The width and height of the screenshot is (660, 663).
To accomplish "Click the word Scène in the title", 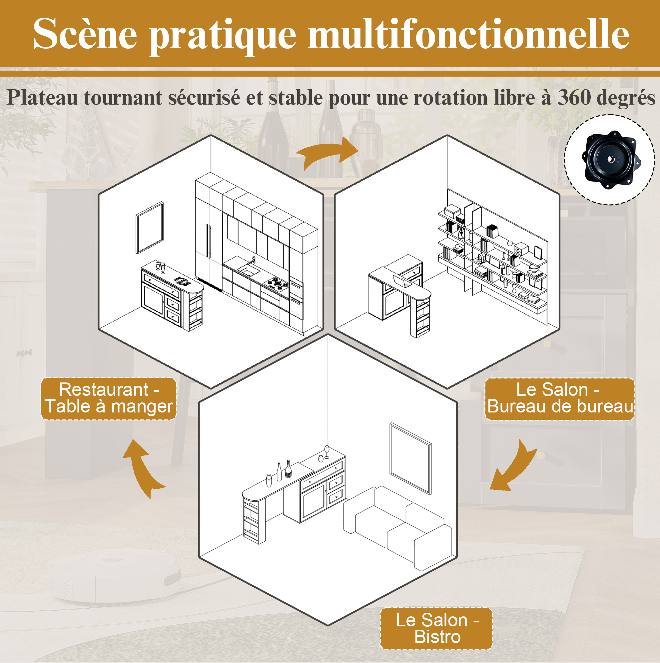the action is click(85, 34).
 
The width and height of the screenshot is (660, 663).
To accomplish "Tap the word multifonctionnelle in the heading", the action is click(468, 33).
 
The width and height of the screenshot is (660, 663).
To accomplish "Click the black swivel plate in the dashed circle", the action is click(611, 160).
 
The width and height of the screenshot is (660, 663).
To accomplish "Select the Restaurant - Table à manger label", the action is click(109, 398).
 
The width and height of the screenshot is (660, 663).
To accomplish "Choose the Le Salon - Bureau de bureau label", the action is click(559, 398).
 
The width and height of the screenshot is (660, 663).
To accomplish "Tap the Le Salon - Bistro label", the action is click(436, 629).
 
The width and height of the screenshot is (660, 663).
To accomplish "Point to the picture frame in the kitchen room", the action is click(150, 228).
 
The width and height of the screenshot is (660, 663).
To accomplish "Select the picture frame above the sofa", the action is click(410, 458).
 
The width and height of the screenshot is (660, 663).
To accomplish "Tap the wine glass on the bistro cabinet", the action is click(327, 452).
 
